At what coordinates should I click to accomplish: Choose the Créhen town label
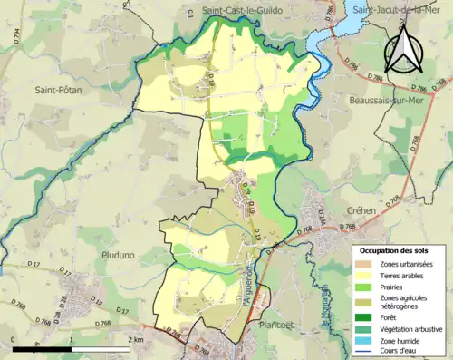[x=349, y=209]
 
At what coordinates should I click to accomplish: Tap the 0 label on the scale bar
[x=14, y=338]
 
